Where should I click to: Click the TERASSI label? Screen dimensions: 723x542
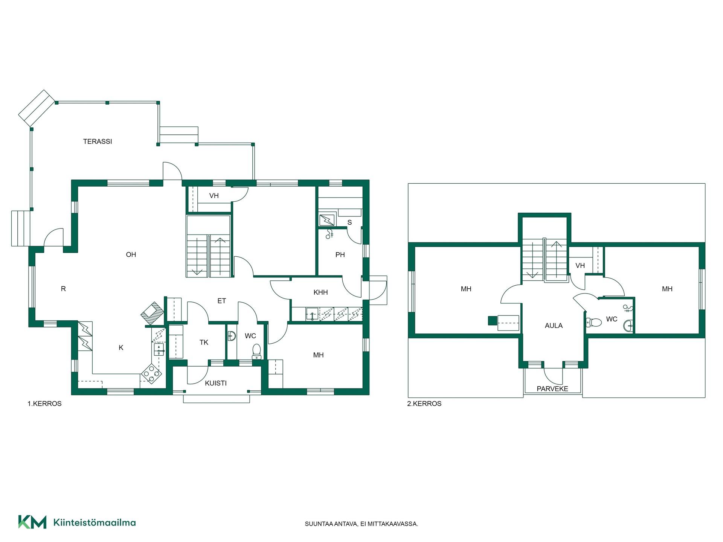pyautogui.click(x=98, y=142)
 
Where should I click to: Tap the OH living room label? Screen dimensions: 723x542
pyautogui.click(x=131, y=255)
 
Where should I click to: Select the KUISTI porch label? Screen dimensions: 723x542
pyautogui.click(x=216, y=383)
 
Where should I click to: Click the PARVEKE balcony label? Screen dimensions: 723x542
pyautogui.click(x=552, y=389)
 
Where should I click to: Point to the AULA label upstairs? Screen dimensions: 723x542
pyautogui.click(x=554, y=326)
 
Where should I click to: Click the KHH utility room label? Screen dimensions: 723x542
pyautogui.click(x=321, y=292)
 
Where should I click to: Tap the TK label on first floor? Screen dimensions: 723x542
pyautogui.click(x=204, y=343)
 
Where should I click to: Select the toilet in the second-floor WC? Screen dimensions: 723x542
pyautogui.click(x=594, y=323)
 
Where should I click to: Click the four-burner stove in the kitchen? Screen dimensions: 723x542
pyautogui.click(x=151, y=373)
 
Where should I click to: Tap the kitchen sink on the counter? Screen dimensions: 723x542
pyautogui.click(x=159, y=349)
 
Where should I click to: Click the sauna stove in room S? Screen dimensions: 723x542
pyautogui.click(x=327, y=220)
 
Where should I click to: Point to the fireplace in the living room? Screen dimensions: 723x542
pyautogui.click(x=153, y=313)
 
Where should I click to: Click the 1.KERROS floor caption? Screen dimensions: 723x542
pyautogui.click(x=44, y=403)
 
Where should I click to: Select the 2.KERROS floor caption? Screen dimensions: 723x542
pyautogui.click(x=424, y=403)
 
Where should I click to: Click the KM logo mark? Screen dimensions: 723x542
pyautogui.click(x=32, y=522)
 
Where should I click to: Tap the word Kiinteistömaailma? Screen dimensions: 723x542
pyautogui.click(x=95, y=522)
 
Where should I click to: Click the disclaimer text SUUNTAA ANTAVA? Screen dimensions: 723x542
pyautogui.click(x=331, y=524)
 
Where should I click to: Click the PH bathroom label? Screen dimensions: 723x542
pyautogui.click(x=340, y=255)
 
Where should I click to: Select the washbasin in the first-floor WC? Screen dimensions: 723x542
pyautogui.click(x=232, y=336)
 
